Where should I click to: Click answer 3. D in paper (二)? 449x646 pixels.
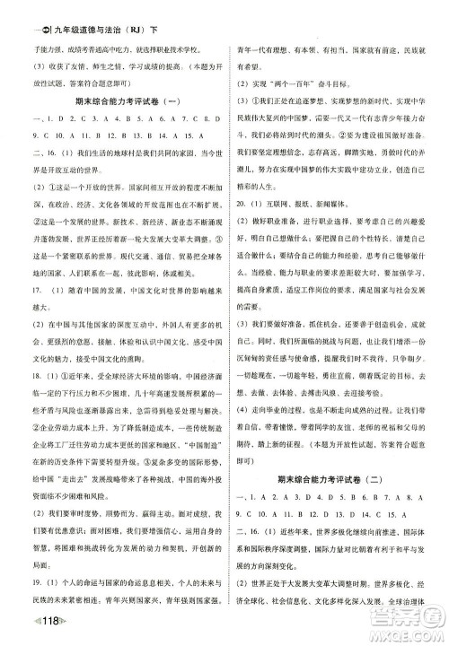point(300,495)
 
